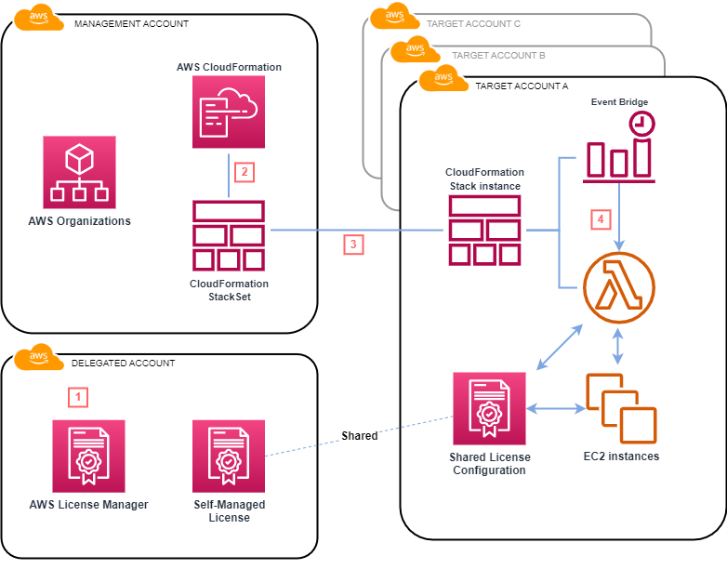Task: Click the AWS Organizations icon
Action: [x=79, y=172]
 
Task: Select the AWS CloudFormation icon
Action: [x=229, y=112]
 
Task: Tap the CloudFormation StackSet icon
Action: [x=229, y=234]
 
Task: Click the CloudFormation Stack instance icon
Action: [x=484, y=231]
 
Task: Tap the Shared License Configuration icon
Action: [x=489, y=409]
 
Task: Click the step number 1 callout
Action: [x=80, y=397]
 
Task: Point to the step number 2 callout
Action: [x=244, y=171]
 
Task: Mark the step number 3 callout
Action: [x=353, y=245]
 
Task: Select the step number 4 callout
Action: [x=601, y=219]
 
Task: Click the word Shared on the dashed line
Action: [x=359, y=435]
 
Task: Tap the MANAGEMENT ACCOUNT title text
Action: [x=131, y=23]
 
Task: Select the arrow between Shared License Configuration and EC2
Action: [x=555, y=408]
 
